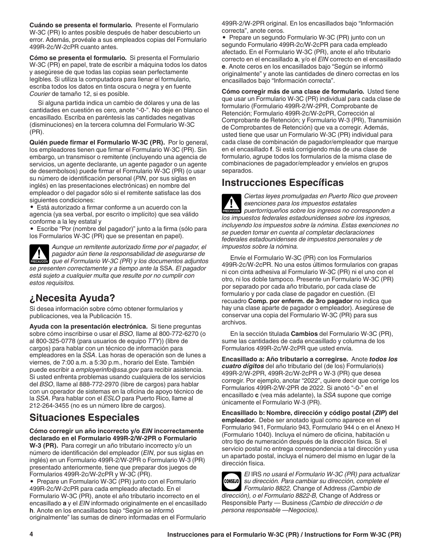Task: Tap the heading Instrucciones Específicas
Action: (x=283, y=183)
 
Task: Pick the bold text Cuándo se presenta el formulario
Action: (x=81, y=25)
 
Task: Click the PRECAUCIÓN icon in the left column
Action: (x=39, y=255)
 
